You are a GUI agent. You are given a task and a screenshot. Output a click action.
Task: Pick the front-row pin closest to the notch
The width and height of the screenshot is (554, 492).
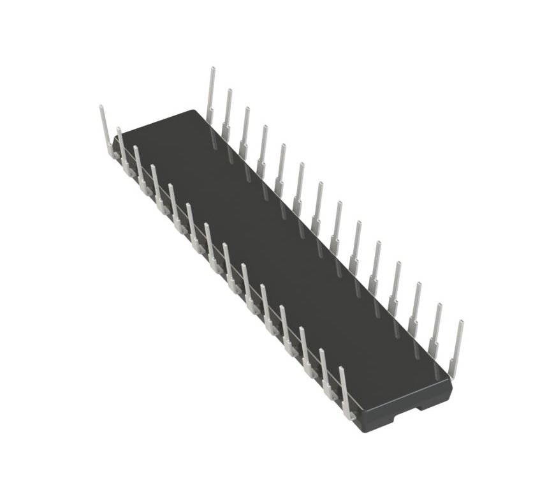[344, 389]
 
